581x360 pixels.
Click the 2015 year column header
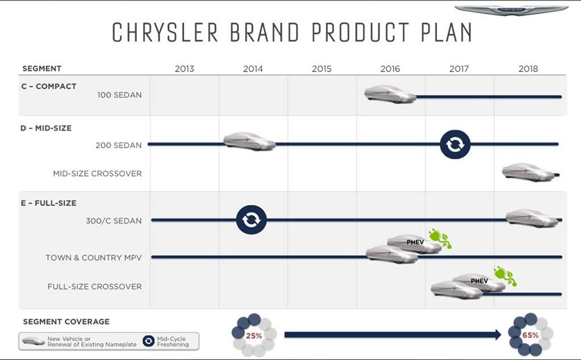pos(321,69)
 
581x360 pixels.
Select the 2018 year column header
pos(528,69)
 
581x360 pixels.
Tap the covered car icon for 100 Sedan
pos(390,94)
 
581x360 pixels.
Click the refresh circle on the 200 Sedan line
pos(455,144)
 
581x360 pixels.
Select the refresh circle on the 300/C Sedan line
pos(251,220)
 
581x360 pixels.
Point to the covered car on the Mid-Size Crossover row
pos(528,172)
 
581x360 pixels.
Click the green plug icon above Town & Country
pos(440,238)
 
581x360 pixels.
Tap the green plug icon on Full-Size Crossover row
pos(505,276)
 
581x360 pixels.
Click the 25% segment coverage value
pos(254,336)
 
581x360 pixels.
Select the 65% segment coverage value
pos(531,335)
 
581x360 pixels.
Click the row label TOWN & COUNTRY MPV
pos(94,258)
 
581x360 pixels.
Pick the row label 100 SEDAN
pos(119,95)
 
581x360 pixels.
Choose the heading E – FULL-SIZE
pos(48,203)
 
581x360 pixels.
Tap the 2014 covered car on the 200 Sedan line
pos(249,141)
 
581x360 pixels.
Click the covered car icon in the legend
pos(33,341)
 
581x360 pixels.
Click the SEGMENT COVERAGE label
pos(66,321)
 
